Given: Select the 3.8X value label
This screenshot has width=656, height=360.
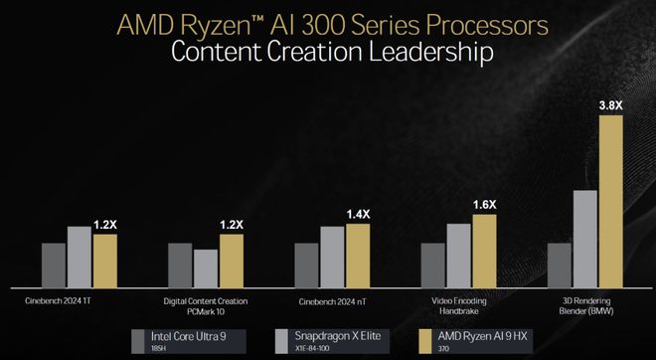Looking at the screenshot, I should [610, 104].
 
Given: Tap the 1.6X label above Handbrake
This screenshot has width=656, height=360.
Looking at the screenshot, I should [483, 204].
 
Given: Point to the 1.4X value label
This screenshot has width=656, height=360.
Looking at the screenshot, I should [357, 214].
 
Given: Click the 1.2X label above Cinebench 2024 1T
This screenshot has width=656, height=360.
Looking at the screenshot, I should [104, 225].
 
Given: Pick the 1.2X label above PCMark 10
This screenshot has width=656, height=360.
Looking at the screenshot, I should [231, 225].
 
